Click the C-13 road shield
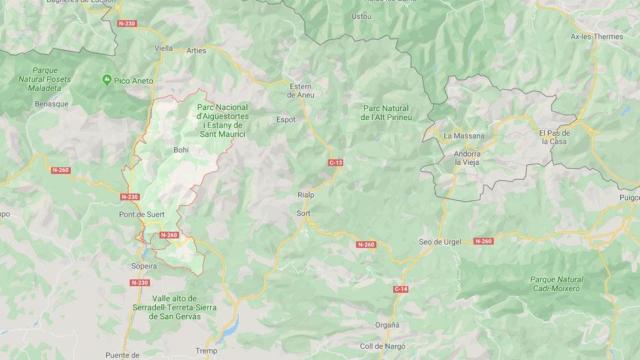[x=334, y=161]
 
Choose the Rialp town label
[x=306, y=196]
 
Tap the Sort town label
[x=304, y=213]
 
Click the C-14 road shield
[x=402, y=289]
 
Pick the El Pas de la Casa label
[x=555, y=138]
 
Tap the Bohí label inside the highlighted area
[x=180, y=150]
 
